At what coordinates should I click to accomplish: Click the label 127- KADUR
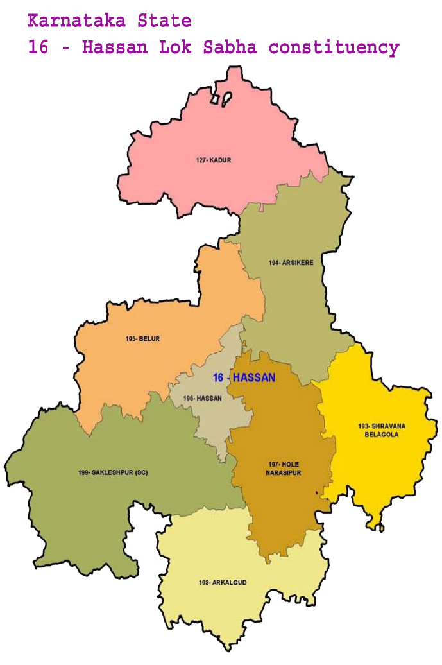point(213,160)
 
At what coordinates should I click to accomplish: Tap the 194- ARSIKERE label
point(286,263)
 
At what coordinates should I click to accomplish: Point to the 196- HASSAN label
point(202,398)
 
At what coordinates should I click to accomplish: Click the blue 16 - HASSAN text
point(244,377)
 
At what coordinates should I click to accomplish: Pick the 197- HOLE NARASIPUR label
point(282,469)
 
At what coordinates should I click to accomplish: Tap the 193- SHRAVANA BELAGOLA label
point(377,430)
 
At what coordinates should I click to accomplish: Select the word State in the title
point(164,21)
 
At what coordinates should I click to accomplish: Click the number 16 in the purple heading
point(37,48)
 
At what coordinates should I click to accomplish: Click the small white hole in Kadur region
point(226,99)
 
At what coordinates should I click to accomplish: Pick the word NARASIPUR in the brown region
point(283,473)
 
